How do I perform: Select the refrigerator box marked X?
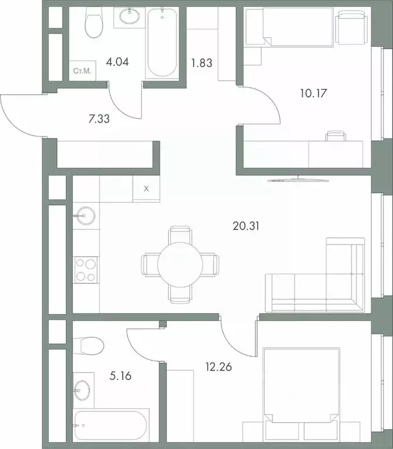(146, 189)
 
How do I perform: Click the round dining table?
(180, 265)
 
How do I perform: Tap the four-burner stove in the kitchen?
(86, 271)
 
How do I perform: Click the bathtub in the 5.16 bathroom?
(111, 426)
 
